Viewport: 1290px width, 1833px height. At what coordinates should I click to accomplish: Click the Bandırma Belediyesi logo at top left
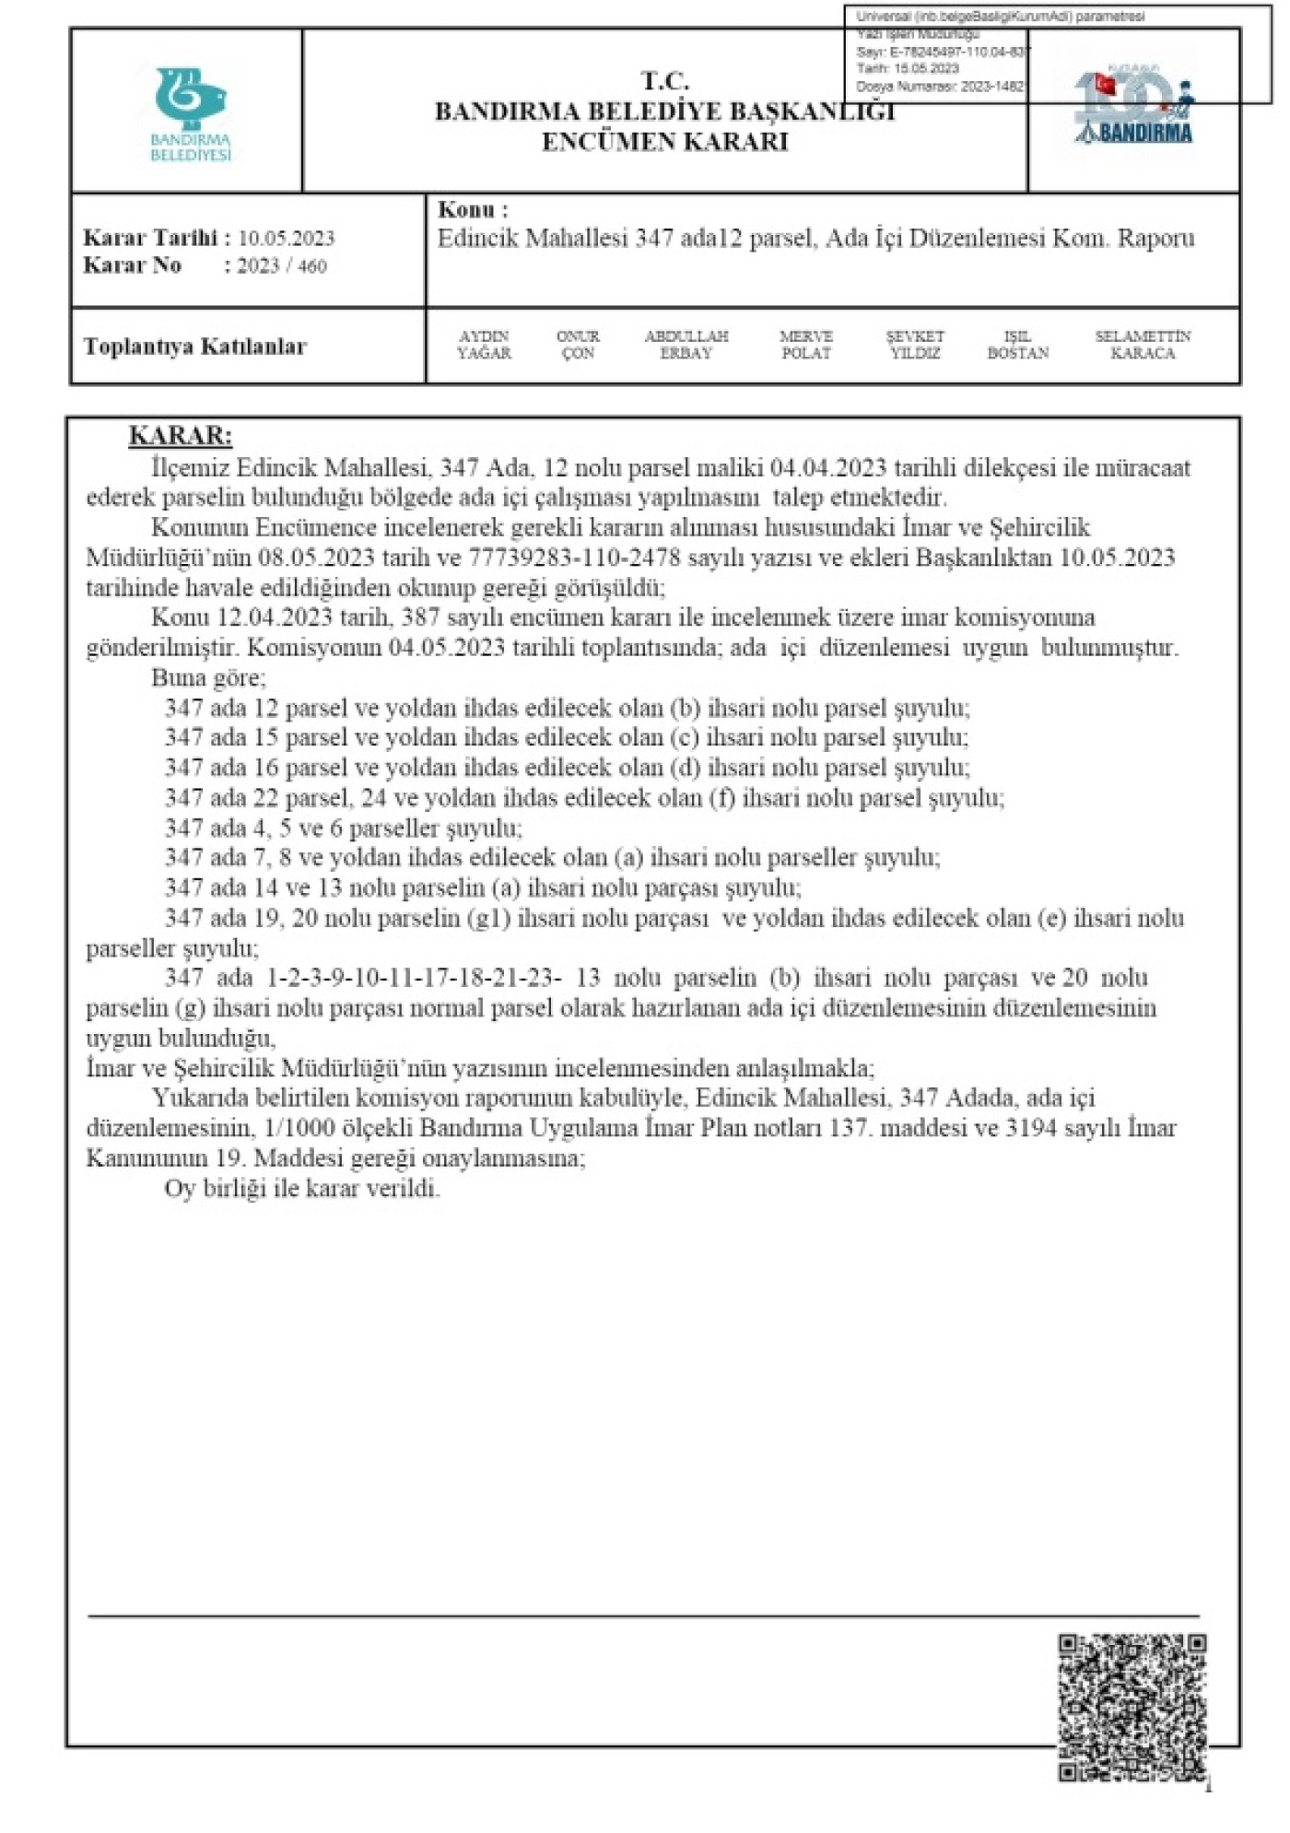(191, 112)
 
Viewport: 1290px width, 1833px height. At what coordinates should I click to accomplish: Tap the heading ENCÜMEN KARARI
(664, 142)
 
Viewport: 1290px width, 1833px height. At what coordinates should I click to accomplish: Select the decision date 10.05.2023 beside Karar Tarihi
(286, 239)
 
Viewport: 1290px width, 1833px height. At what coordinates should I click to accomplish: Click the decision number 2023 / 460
(281, 266)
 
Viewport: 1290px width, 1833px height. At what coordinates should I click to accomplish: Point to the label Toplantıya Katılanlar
(194, 347)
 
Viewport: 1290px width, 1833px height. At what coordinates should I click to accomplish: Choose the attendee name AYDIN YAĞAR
(484, 345)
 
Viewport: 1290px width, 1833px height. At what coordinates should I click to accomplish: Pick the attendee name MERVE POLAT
(805, 345)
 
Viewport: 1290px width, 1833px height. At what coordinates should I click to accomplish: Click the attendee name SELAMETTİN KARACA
(1142, 345)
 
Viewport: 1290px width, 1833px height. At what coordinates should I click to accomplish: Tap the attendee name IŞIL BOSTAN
(1017, 345)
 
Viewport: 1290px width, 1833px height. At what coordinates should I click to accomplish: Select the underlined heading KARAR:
(181, 436)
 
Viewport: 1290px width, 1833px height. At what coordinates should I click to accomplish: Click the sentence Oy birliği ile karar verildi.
(302, 1189)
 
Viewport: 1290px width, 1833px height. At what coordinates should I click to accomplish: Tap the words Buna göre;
(208, 678)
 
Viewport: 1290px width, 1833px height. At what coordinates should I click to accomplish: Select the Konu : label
(473, 210)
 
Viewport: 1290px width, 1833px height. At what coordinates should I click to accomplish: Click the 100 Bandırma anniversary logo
(1133, 109)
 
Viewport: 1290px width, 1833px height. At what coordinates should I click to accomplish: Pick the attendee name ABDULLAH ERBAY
(686, 345)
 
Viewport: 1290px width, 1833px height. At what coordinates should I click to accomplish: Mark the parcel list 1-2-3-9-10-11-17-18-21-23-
(414, 978)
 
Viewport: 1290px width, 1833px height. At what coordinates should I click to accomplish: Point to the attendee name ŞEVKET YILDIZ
(914, 345)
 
